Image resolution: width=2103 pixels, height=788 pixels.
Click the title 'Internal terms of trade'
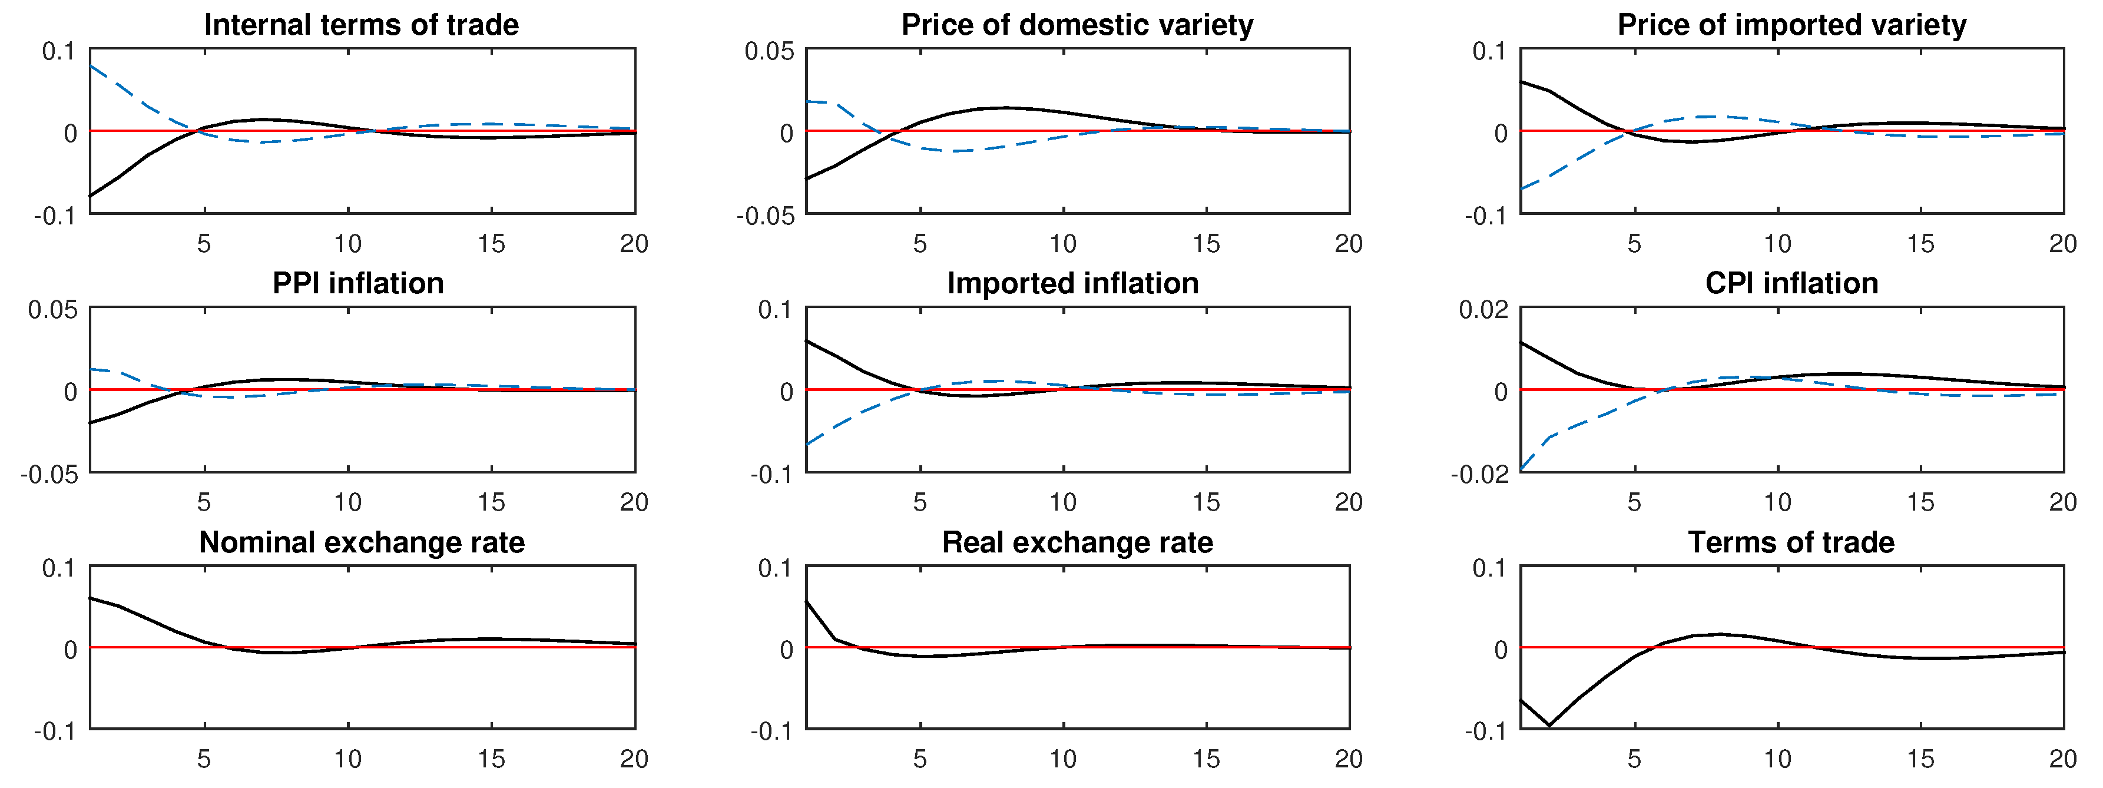point(361,25)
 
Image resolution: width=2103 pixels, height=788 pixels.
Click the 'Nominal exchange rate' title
point(362,542)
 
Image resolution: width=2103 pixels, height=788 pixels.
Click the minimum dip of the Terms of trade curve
point(1549,725)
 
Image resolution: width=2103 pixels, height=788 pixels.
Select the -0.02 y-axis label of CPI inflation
point(1479,475)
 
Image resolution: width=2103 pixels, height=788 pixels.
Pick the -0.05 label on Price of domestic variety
point(765,216)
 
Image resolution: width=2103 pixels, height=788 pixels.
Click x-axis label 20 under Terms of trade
point(2063,759)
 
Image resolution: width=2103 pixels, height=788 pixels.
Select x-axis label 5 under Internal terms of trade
point(204,243)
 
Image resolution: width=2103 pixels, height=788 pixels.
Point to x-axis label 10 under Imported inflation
point(1062,502)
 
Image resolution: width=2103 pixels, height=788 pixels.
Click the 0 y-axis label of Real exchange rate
point(786,650)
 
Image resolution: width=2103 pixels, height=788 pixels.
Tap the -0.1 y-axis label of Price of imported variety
point(1484,216)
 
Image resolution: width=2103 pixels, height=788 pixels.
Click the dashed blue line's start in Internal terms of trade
point(91,65)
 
